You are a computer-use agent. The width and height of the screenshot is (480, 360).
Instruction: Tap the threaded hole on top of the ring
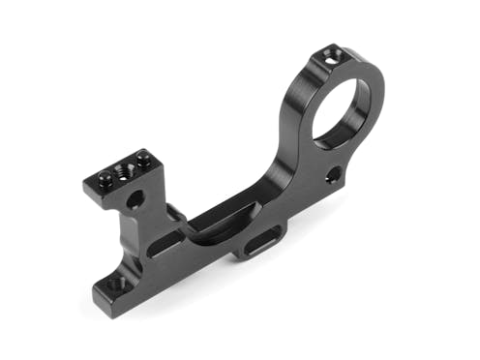tap(333, 57)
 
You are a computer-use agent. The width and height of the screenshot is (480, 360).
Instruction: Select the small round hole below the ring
tap(332, 175)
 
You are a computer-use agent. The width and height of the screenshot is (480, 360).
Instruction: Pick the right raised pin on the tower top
tap(143, 157)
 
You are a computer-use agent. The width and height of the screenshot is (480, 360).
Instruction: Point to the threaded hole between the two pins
tap(123, 169)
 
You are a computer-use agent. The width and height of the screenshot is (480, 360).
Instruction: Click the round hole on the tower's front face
tap(135, 200)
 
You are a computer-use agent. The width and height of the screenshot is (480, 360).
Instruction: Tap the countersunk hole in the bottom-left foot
tap(115, 285)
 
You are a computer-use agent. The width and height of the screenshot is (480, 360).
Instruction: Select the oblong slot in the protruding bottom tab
tap(258, 242)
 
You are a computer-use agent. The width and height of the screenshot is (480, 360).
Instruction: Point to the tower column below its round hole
tap(135, 237)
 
